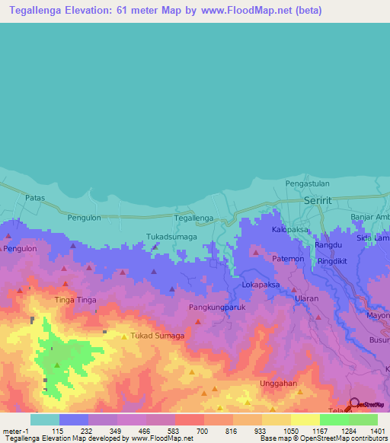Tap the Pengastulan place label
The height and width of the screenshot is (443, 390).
[308, 183]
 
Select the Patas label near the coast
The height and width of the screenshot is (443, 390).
[35, 198]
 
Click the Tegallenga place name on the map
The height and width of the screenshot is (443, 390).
[193, 218]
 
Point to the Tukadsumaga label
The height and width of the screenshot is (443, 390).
[172, 237]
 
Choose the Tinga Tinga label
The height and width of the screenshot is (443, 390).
[76, 300]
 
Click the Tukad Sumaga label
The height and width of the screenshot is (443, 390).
[158, 336]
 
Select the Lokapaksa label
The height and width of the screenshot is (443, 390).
[261, 285]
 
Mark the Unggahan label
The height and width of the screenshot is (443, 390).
[277, 384]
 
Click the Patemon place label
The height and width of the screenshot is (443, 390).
[289, 259]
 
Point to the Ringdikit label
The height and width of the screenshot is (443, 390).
[337, 260]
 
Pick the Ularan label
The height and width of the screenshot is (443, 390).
[306, 299]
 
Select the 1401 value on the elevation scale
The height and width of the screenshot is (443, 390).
[378, 431]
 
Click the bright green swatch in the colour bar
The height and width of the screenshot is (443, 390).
[334, 419]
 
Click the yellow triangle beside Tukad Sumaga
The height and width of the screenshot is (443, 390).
[124, 336]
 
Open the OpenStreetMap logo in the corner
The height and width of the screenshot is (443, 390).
[369, 405]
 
